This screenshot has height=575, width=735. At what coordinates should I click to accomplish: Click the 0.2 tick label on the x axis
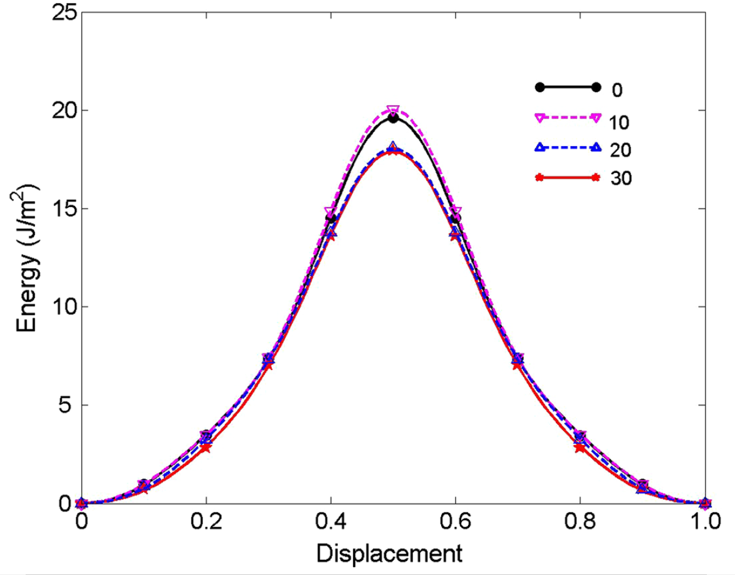point(205,524)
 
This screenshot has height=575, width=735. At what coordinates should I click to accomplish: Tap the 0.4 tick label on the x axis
point(330,524)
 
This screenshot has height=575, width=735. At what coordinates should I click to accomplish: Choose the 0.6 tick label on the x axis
point(455,524)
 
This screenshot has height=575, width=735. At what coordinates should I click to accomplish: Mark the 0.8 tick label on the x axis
point(580,524)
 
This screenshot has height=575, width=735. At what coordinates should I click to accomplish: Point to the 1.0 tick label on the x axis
point(704,524)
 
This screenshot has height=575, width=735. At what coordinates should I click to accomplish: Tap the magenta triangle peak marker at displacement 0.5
point(393,111)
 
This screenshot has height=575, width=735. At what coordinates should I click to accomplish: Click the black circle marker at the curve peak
point(393,118)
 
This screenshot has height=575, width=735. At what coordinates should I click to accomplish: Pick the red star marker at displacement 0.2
point(206,448)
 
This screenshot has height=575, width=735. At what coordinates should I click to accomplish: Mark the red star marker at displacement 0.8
point(580,448)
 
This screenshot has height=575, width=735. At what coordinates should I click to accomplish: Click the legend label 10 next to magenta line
point(623,120)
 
